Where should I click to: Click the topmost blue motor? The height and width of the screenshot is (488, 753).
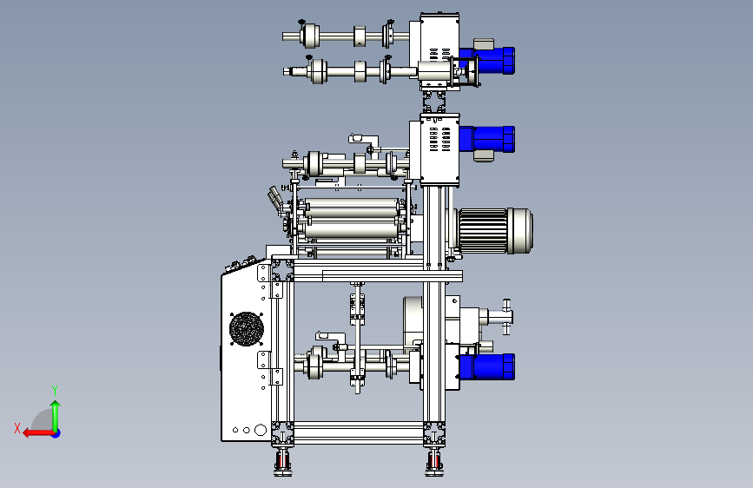487,61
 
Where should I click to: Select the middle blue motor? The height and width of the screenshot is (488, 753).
487,138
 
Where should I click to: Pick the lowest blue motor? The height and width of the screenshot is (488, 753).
487,366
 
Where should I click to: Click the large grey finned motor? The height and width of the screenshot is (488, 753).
495,231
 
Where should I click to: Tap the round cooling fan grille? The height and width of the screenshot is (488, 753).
247,328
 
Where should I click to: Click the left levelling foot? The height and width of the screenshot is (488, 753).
283,461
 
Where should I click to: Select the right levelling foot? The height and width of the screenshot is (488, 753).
434,461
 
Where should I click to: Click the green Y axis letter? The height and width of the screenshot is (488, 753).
55,390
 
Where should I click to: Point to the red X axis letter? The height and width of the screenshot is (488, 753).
17,428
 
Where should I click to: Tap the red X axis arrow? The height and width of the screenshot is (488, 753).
38,433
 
